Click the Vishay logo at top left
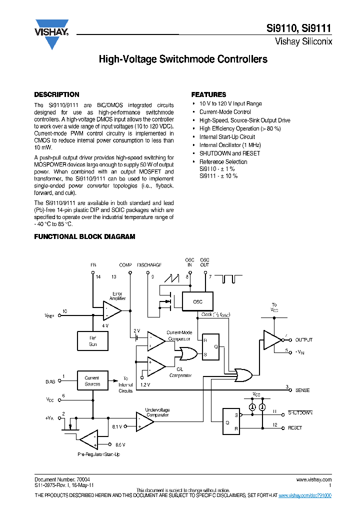[51, 33]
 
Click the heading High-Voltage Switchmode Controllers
[182, 59]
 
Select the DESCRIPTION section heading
[56, 94]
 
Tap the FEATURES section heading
[208, 94]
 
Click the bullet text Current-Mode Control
[225, 112]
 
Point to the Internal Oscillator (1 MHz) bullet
[230, 145]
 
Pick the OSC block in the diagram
[198, 301]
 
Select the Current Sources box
[92, 380]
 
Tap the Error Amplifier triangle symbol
[111, 310]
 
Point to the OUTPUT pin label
[304, 340]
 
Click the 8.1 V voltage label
[116, 426]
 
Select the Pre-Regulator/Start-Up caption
[98, 454]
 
